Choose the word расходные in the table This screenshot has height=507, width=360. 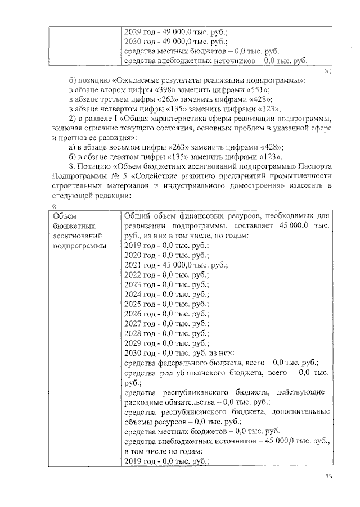coord(143,402)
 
